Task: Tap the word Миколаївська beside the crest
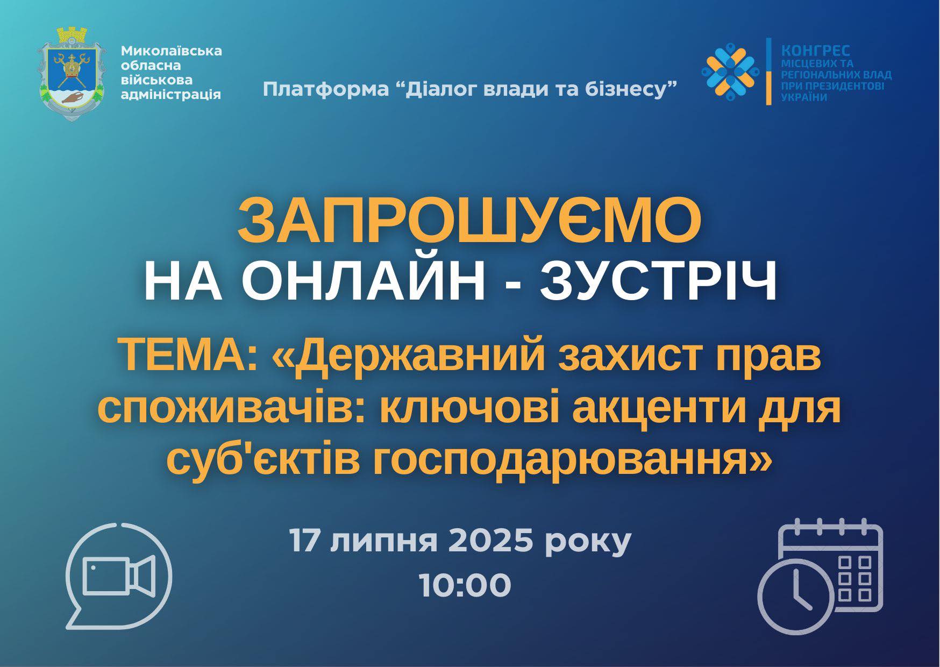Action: (x=171, y=51)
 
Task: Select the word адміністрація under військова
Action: (x=171, y=95)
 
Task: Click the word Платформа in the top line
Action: (x=325, y=89)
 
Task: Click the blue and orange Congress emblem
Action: (x=730, y=71)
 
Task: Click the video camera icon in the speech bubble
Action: (x=119, y=576)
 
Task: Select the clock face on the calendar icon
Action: (x=796, y=597)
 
